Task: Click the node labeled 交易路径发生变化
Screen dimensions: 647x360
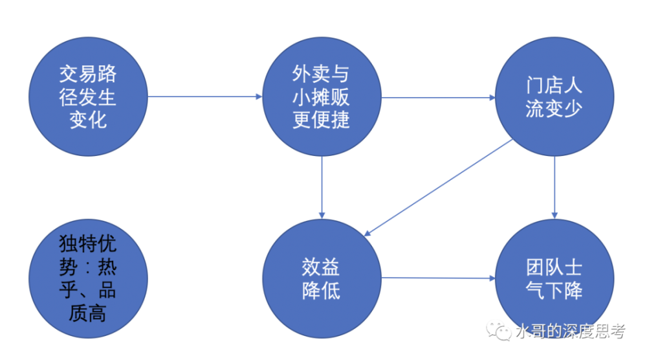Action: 88,96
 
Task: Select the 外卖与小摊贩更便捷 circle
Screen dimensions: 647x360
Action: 322,96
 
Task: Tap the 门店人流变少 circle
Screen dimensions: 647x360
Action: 554,96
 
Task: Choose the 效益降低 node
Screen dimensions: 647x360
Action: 322,278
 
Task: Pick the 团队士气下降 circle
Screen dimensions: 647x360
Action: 554,278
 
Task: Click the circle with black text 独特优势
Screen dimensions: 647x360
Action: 88,278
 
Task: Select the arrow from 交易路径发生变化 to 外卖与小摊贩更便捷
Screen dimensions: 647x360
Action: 204,96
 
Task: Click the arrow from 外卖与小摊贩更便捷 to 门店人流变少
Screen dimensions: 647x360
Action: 438,97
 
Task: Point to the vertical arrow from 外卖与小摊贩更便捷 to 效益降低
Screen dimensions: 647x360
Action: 322,187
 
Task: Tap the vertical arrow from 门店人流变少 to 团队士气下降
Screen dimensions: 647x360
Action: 554,187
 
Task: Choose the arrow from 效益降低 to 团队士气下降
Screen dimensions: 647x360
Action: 438,278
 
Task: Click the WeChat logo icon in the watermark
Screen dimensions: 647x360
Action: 498,331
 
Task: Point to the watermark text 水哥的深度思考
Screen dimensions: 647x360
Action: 571,331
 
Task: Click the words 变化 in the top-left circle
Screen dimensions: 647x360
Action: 88,120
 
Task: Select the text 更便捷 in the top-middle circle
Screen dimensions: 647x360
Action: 321,120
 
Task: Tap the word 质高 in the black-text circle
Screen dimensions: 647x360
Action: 87,313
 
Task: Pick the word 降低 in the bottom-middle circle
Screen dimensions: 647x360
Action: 321,291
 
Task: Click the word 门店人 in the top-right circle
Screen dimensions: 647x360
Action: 554,85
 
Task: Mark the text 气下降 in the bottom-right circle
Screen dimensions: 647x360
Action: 554,291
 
